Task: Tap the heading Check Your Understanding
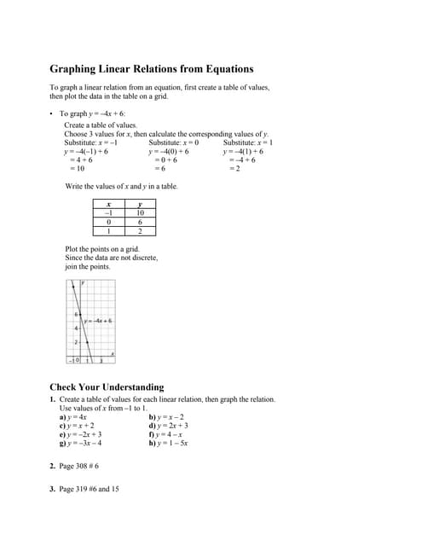107,386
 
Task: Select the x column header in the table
108,205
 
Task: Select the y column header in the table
140,205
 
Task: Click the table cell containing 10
140,213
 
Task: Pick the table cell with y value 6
140,222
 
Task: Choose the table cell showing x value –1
108,213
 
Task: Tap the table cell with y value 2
140,230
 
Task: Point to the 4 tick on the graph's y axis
75,328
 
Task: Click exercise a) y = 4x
73,416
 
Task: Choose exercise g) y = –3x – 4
81,444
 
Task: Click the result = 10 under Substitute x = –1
78,168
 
